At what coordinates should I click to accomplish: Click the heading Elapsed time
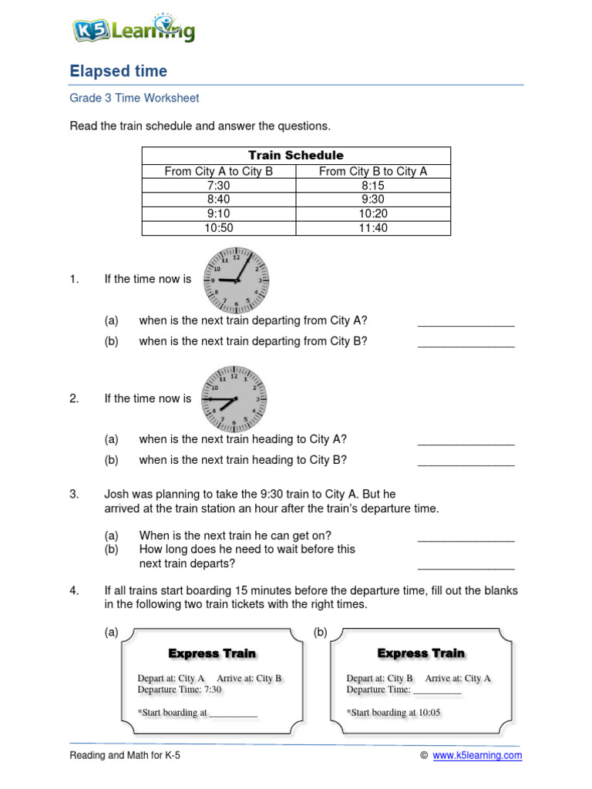click(118, 72)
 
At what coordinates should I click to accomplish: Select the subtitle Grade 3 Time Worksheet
click(134, 98)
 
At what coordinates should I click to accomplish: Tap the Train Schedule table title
click(296, 155)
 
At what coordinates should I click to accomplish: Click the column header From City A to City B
click(219, 172)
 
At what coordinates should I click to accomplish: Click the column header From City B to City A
click(373, 172)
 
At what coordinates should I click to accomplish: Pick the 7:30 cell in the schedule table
click(219, 186)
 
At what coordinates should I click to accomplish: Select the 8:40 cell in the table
click(219, 200)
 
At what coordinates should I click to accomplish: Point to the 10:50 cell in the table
click(219, 227)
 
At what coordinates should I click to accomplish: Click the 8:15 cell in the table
click(373, 186)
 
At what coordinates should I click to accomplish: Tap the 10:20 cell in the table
click(373, 213)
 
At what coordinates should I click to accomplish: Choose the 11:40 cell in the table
click(373, 227)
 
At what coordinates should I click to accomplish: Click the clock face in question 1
click(236, 278)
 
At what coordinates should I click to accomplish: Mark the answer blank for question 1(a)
click(466, 325)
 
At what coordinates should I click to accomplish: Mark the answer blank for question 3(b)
click(466, 568)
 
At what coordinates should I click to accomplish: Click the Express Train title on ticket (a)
click(212, 653)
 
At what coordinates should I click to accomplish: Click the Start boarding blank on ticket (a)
click(234, 716)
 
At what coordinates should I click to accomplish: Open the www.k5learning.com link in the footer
click(477, 756)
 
